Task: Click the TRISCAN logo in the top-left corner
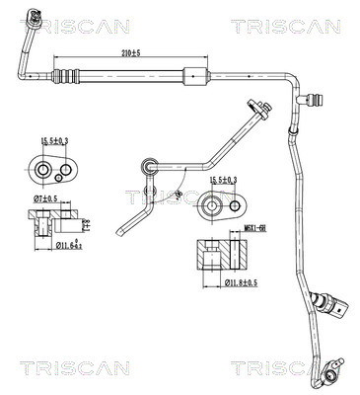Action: [x=90, y=27]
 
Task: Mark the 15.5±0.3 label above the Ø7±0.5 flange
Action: [x=53, y=145]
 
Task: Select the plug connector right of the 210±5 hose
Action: [x=320, y=99]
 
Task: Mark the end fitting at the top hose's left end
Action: [x=36, y=17]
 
